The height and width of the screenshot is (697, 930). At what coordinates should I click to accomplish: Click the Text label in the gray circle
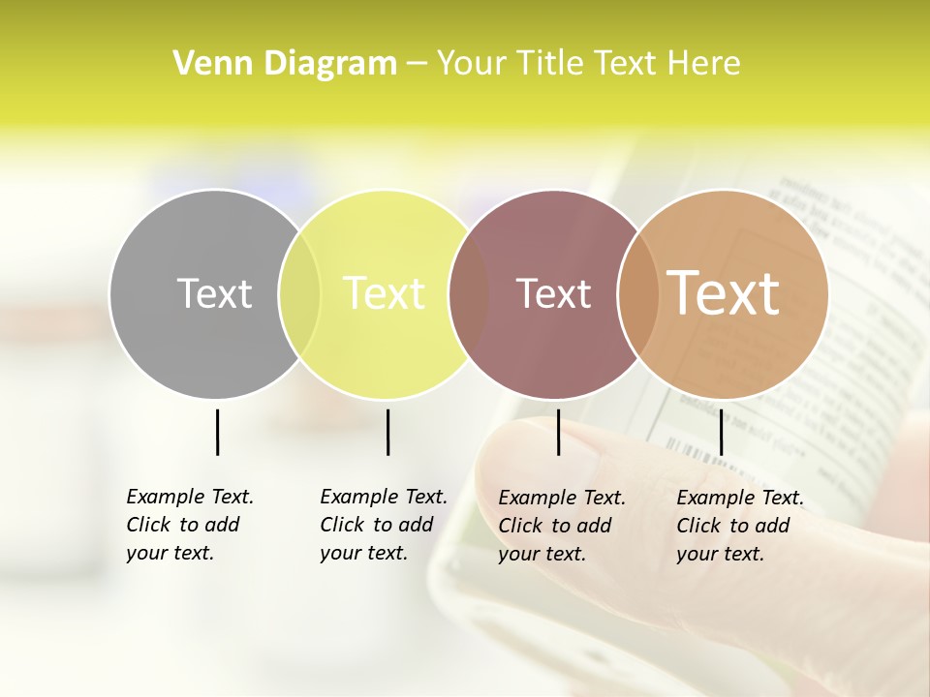click(214, 293)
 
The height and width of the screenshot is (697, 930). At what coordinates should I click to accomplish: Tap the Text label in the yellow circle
click(384, 293)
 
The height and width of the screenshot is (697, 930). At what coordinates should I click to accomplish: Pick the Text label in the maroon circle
click(553, 293)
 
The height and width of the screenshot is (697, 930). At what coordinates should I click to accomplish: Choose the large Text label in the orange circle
click(724, 293)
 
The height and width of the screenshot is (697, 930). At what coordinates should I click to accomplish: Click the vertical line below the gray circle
click(217, 432)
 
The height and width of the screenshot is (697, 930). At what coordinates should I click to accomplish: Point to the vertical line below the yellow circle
click(387, 432)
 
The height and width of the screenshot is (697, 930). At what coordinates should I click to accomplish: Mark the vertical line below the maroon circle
click(558, 432)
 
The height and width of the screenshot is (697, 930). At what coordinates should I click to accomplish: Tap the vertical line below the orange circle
click(721, 432)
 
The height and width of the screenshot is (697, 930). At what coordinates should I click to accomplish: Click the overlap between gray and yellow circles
click(300, 294)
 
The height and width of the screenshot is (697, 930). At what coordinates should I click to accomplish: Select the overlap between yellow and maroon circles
click(469, 294)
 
